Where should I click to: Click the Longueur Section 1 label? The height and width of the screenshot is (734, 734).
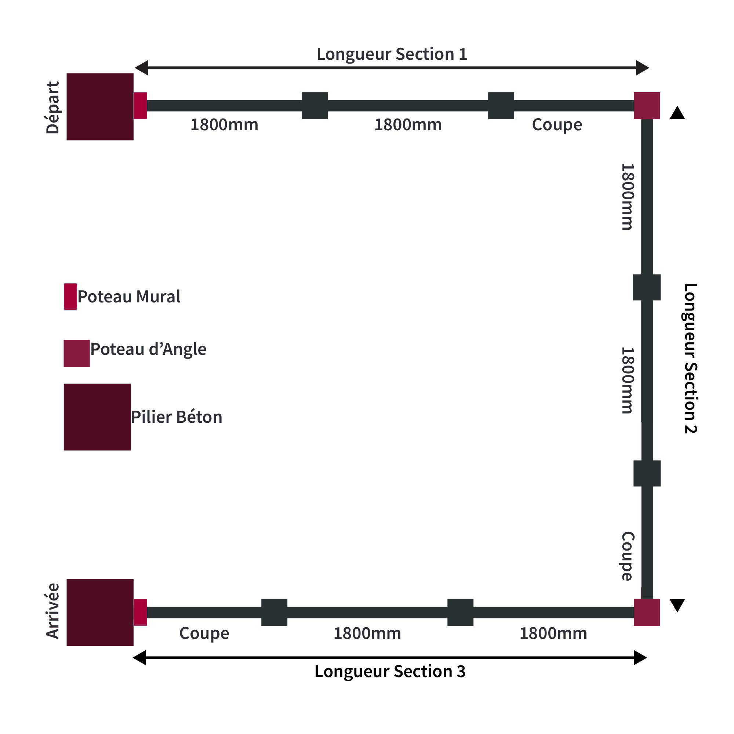tap(392, 54)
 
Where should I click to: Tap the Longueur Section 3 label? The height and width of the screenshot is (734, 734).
tap(390, 672)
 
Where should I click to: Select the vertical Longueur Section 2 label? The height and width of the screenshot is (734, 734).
tap(691, 358)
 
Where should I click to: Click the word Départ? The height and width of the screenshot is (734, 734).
tap(53, 108)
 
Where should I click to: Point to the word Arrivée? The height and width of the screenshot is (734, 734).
tap(53, 611)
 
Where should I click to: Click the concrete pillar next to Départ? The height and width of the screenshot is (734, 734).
tap(100, 107)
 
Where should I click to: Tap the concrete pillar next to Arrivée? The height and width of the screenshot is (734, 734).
tap(100, 613)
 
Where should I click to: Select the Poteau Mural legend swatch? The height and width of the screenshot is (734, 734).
tap(70, 297)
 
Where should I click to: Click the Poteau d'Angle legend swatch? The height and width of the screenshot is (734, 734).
tap(77, 353)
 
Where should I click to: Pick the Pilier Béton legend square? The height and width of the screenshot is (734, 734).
tap(97, 417)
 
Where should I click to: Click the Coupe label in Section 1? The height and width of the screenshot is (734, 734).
tap(557, 125)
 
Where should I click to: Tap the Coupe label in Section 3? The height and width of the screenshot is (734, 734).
tap(204, 633)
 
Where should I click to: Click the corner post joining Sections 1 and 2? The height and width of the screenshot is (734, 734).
tap(647, 106)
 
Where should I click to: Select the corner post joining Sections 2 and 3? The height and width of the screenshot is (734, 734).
tap(647, 613)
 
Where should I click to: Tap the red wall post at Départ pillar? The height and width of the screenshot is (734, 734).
tap(140, 106)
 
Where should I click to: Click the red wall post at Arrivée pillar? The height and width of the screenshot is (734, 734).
tap(140, 613)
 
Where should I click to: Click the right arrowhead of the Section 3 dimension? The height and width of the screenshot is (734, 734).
tap(640, 658)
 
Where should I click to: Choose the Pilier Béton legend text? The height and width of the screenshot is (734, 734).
tap(177, 417)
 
